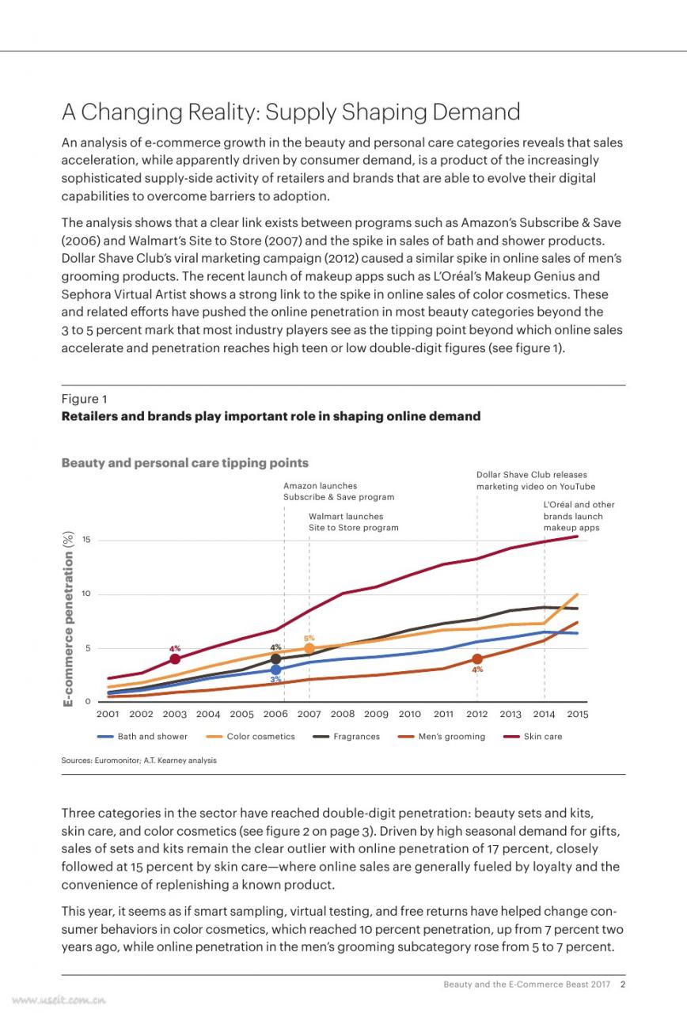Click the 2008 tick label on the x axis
343,714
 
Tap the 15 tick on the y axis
86,540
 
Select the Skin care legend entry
533,736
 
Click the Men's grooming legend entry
442,736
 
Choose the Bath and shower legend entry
142,736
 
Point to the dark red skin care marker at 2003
175,659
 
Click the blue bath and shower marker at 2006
275,670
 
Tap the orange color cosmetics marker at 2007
309,648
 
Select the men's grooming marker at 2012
477,659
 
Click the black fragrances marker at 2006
275,659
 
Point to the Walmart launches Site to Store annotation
354,522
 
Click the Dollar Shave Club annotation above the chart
536,480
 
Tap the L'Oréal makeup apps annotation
579,516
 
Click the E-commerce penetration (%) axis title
68,619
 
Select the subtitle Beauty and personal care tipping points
185,463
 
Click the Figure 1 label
84,399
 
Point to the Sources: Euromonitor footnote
139,761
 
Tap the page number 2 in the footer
623,985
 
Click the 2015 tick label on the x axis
578,714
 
